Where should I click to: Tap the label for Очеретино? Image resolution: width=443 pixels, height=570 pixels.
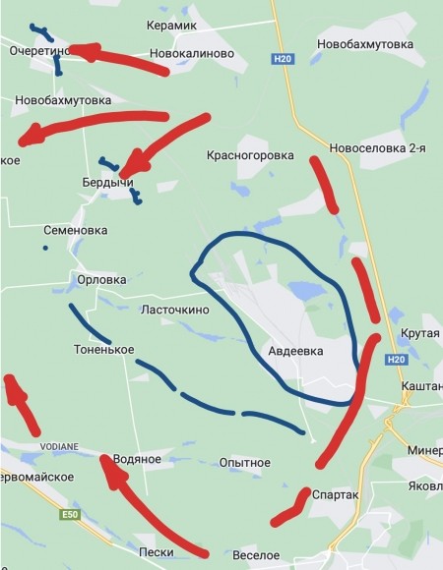[37, 49]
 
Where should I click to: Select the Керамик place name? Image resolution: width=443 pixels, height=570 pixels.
[172, 24]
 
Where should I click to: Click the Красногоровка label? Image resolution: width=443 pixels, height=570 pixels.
[250, 155]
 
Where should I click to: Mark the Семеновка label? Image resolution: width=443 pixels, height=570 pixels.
[76, 230]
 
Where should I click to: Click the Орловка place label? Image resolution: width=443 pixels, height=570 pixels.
[101, 280]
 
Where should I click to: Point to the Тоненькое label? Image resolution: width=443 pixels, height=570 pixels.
[103, 350]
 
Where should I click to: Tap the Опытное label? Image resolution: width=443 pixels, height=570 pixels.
[244, 462]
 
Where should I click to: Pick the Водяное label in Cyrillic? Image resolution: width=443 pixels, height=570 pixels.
[137, 459]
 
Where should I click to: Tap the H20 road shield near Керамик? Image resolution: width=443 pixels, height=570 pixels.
[281, 60]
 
